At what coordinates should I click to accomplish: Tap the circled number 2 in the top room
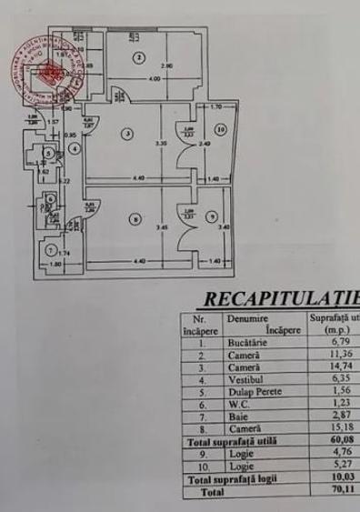tap(138, 58)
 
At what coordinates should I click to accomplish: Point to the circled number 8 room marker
tap(134, 218)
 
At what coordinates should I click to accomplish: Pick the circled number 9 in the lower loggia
tap(211, 216)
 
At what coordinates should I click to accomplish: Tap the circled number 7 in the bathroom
tap(51, 249)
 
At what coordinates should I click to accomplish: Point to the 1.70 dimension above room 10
tap(216, 107)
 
